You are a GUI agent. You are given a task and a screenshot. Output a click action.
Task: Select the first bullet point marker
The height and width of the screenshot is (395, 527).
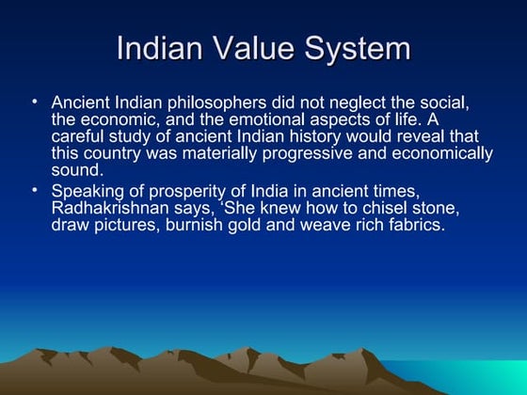point(34,101)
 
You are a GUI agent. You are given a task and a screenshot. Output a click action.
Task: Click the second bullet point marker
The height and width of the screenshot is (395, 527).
point(34,191)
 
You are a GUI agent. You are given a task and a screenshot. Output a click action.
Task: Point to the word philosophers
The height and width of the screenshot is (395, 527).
point(210,102)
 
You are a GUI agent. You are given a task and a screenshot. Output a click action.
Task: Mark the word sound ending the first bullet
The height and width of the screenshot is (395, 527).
point(75,173)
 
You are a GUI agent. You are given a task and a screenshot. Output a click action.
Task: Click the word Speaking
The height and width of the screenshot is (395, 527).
point(86,192)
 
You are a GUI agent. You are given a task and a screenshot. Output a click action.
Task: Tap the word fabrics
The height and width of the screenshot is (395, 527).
point(410,228)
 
